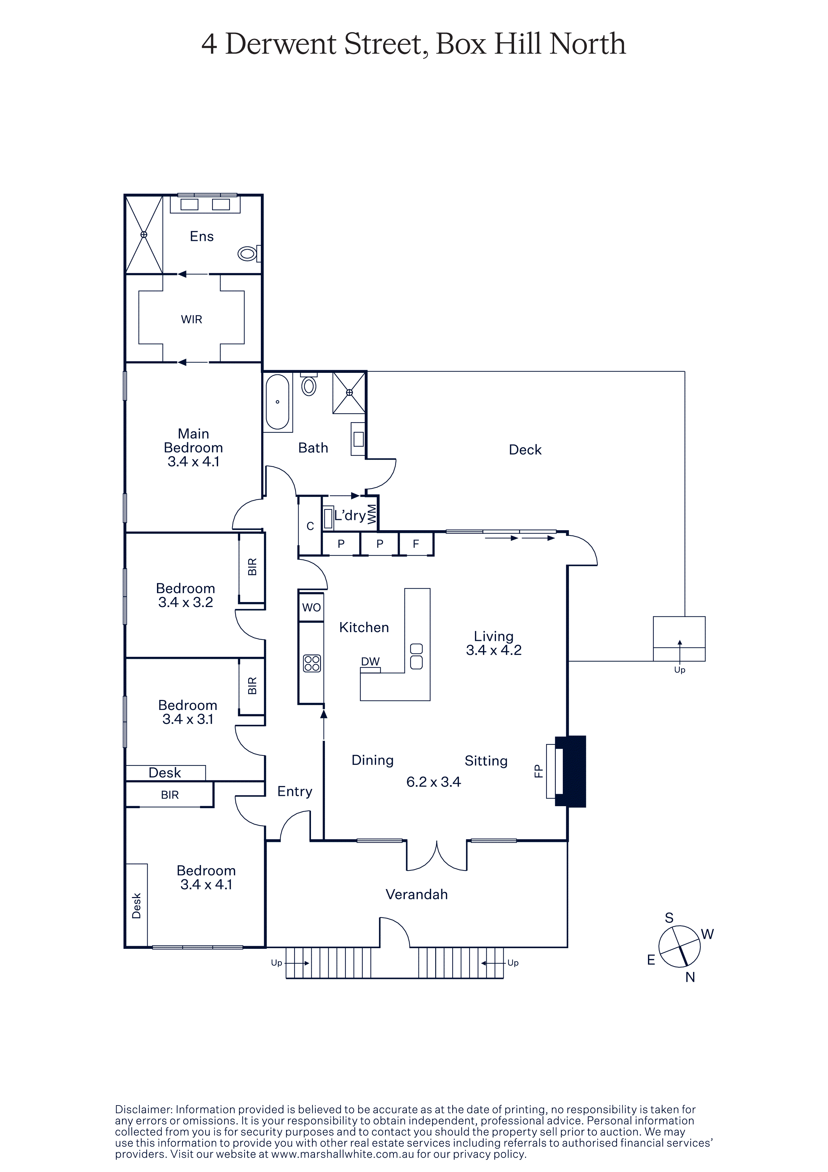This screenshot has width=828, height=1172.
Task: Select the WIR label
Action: point(191,319)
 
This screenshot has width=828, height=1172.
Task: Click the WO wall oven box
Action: point(311,607)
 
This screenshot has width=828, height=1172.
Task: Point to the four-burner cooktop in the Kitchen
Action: point(312,663)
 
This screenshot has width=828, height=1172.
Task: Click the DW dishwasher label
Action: point(370,662)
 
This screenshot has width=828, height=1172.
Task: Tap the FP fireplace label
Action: point(538,771)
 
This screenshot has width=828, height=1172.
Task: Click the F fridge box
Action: point(416,544)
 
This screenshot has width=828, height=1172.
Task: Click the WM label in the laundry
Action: point(372,514)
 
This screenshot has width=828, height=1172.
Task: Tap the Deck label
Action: point(525,450)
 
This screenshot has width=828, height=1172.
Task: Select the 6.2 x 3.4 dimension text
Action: point(433,782)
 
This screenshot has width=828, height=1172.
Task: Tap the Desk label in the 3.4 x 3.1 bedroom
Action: point(164,773)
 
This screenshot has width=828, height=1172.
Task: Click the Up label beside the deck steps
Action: point(680,670)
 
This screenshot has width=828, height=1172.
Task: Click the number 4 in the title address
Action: point(209,44)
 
